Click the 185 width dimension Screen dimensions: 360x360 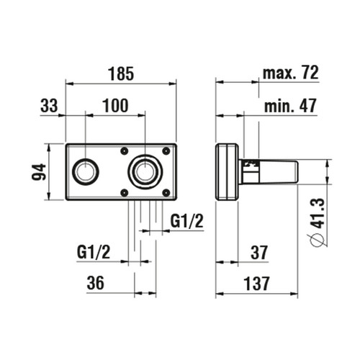click(x=121, y=73)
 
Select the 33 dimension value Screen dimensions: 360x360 click(x=49, y=106)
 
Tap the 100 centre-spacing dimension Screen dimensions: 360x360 click(x=115, y=106)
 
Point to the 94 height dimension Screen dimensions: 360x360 click(x=39, y=172)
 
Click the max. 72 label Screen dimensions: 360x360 click(x=290, y=73)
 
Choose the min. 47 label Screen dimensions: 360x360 click(x=290, y=106)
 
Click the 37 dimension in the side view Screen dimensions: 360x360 click(x=259, y=253)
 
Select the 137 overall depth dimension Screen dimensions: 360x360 click(x=256, y=284)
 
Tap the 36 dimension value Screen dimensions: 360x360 click(x=96, y=283)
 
